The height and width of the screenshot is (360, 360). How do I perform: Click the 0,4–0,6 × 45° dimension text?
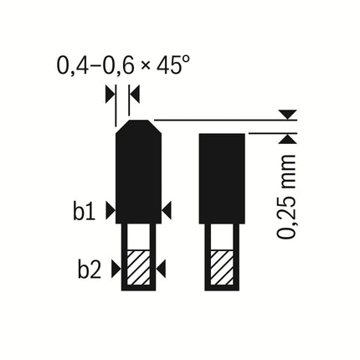click(x=123, y=66)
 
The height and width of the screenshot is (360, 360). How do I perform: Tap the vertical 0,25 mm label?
click(x=286, y=197)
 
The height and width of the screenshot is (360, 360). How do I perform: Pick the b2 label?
click(x=89, y=270)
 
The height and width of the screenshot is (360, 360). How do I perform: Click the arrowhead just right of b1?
click(x=111, y=211)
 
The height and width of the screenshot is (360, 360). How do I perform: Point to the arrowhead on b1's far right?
click(x=167, y=211)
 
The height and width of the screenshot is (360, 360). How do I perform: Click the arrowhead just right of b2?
click(x=116, y=269)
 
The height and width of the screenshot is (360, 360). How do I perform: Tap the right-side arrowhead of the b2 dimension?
click(x=161, y=269)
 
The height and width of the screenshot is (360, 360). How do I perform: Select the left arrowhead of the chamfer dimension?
click(x=111, y=95)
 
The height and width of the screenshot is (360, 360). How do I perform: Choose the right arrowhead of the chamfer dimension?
click(x=134, y=95)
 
